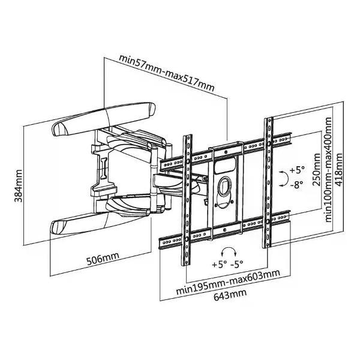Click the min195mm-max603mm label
coord(227,276)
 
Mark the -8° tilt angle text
coord(296,185)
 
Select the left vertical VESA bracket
coord(187,198)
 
